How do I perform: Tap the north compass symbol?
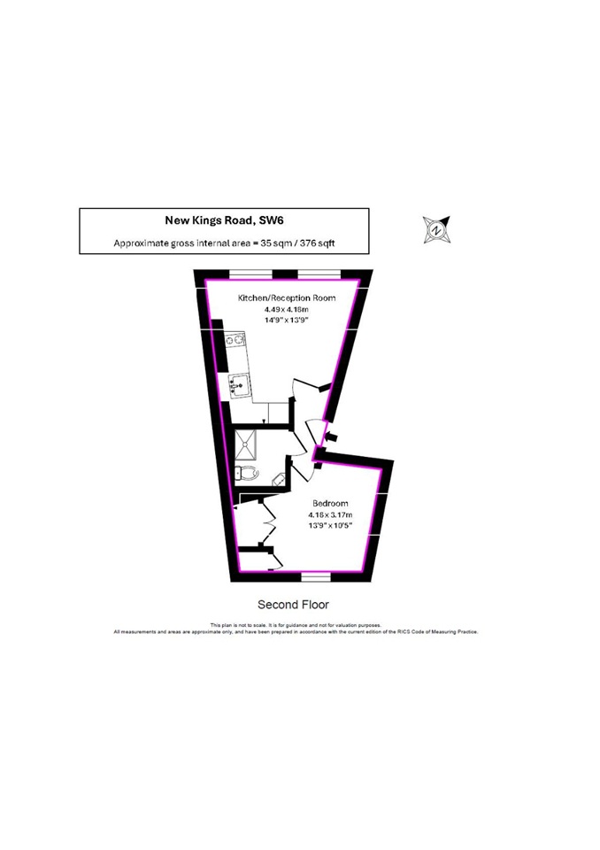click(x=435, y=229)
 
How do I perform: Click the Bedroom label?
click(x=329, y=503)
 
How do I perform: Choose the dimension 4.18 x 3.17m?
click(x=329, y=514)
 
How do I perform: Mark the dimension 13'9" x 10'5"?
click(x=329, y=526)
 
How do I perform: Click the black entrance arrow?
click(x=332, y=437)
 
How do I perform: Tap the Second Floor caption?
click(x=293, y=606)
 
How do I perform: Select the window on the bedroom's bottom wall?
click(x=314, y=577)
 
